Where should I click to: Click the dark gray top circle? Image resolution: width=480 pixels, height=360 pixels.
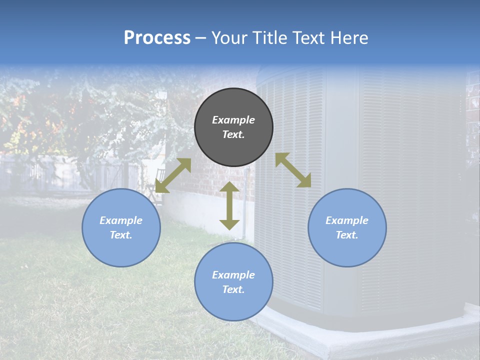(x=233, y=127)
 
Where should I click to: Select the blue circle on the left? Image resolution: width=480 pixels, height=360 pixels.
(x=121, y=227)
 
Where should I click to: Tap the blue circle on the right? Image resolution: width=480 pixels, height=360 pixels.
(x=347, y=227)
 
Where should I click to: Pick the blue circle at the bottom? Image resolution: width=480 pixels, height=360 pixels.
(x=233, y=282)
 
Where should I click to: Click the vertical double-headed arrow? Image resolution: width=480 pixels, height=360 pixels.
(x=229, y=205)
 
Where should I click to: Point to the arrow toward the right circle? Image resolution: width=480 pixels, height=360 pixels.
(x=293, y=170)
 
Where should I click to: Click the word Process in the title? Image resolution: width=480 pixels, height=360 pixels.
(x=157, y=37)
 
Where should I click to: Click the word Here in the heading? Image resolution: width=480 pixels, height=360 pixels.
(x=349, y=37)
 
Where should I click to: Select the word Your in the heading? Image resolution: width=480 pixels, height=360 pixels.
(x=229, y=37)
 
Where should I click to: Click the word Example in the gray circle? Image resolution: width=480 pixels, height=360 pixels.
(x=233, y=120)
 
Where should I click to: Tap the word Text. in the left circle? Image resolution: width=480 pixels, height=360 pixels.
(x=121, y=235)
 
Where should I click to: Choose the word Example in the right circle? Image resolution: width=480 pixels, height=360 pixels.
(x=347, y=220)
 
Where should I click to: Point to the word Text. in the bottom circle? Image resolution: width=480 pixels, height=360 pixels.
(x=233, y=289)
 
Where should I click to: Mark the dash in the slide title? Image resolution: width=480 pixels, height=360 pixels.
(x=201, y=37)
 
